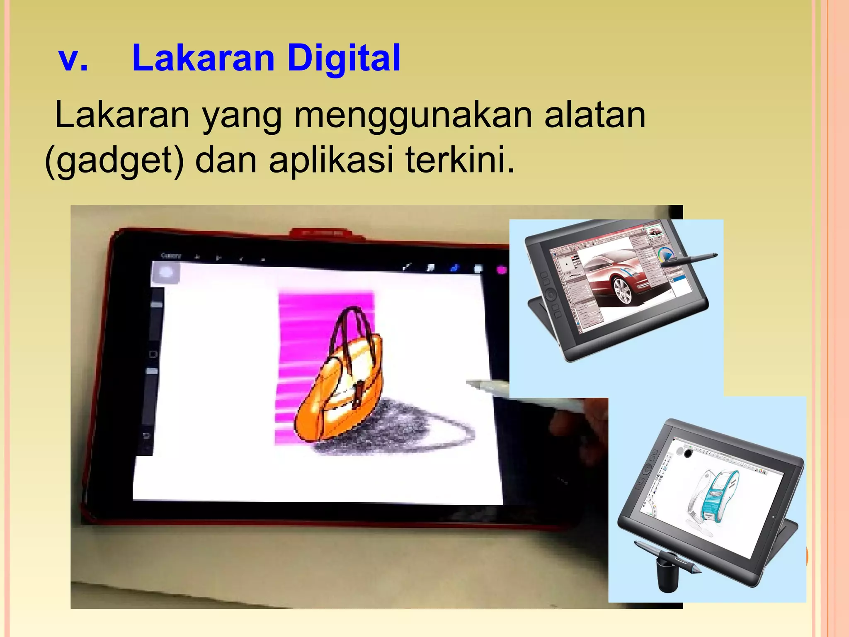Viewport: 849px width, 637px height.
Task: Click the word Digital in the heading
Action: pyautogui.click(x=344, y=58)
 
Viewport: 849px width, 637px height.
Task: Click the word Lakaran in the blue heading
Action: pyautogui.click(x=203, y=58)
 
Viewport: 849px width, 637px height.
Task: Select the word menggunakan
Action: pyautogui.click(x=412, y=115)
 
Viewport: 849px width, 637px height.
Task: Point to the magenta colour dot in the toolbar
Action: pyautogui.click(x=502, y=270)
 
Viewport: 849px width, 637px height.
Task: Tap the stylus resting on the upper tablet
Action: pyautogui.click(x=688, y=259)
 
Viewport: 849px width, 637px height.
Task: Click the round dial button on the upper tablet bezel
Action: pyautogui.click(x=550, y=295)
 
